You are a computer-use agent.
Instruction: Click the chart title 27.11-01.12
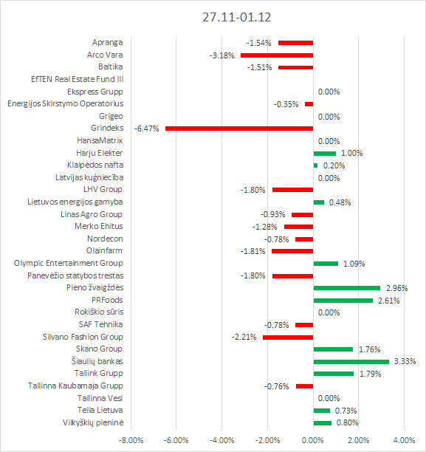[x=237, y=17]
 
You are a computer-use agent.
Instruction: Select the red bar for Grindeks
[x=239, y=129]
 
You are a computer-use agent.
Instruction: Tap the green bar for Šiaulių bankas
[x=351, y=362]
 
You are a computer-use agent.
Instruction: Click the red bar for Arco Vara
[x=277, y=55]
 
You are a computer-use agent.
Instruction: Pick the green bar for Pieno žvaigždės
[x=347, y=288]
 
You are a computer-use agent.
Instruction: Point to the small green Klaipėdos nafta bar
[x=315, y=165]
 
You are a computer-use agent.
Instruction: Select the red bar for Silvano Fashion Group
[x=288, y=338]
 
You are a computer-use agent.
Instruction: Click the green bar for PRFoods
[x=343, y=301]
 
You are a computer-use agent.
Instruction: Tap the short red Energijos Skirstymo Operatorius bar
[x=309, y=104]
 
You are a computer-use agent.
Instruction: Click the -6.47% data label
[x=147, y=129]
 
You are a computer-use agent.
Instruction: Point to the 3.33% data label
[x=405, y=361]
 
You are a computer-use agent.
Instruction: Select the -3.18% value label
[x=222, y=55]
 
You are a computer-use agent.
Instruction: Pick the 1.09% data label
[x=354, y=264]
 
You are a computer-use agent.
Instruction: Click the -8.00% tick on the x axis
[x=131, y=440]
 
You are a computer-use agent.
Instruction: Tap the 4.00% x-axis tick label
[x=404, y=440]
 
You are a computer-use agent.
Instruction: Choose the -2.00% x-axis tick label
[x=267, y=440]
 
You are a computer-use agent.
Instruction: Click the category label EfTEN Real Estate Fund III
[x=78, y=79]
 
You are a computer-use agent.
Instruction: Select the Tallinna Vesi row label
[x=100, y=398]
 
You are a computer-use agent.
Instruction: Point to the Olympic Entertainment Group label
[x=69, y=264]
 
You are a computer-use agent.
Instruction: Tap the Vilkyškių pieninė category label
[x=93, y=423]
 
